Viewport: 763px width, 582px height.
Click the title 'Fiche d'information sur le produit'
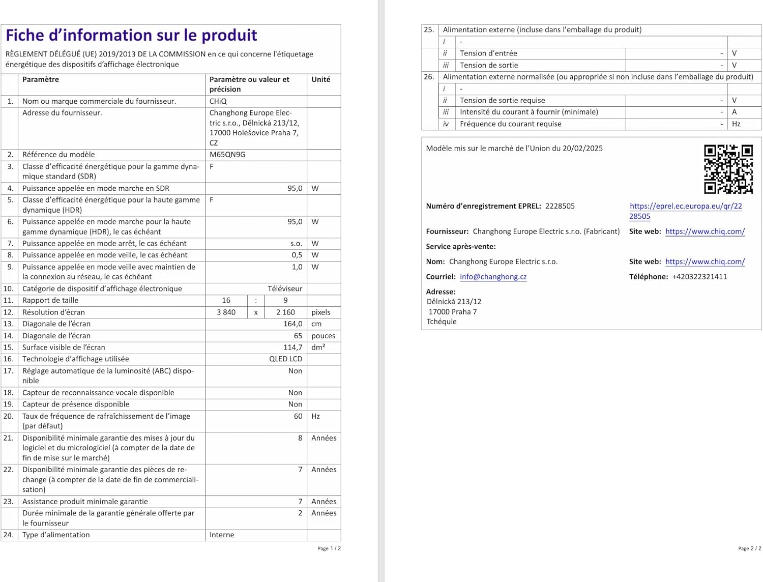[131, 35]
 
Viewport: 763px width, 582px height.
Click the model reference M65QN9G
[227, 155]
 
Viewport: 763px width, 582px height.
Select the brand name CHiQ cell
[218, 101]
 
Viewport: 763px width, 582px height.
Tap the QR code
[728, 169]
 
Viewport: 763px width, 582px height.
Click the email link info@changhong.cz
[493, 277]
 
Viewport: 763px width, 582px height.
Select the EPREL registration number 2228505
[560, 206]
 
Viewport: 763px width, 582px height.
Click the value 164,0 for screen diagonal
[292, 324]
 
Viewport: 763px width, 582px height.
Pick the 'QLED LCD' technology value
[285, 359]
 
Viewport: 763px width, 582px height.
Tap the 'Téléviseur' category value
[285, 289]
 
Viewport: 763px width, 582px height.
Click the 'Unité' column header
[320, 79]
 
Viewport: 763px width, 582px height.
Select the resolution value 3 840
[226, 312]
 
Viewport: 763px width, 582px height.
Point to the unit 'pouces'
[323, 336]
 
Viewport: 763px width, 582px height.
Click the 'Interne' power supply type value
[222, 535]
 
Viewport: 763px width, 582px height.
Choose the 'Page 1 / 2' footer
[329, 548]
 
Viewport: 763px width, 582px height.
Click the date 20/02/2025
[582, 149]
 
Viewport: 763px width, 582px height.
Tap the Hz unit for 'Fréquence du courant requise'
[736, 124]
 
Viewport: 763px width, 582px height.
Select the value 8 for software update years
[300, 438]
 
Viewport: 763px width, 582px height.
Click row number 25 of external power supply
[429, 30]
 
